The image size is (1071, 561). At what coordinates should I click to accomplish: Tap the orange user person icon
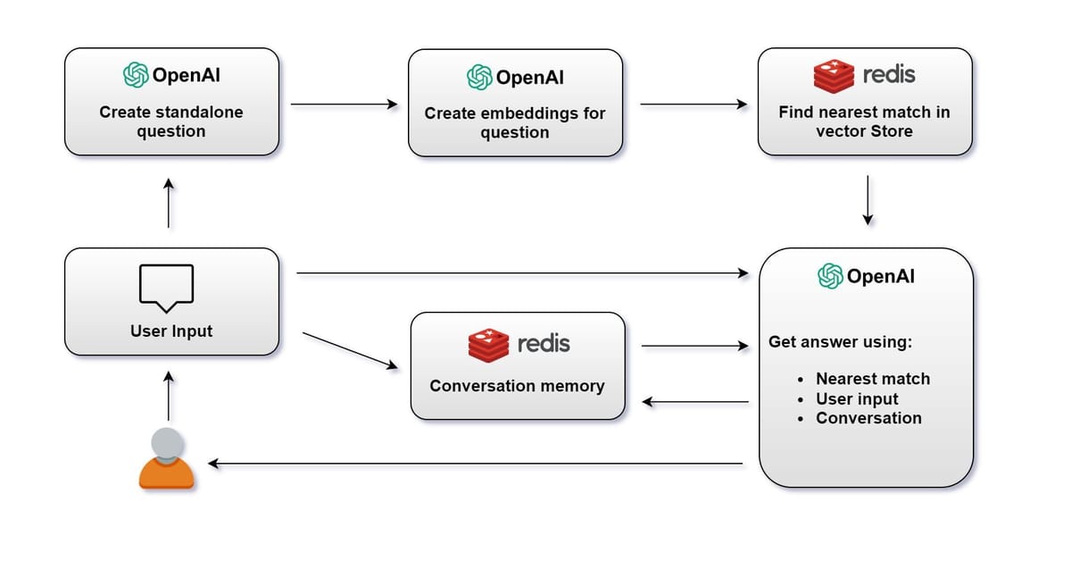pos(167,458)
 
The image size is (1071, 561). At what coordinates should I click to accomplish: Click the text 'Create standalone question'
pos(170,122)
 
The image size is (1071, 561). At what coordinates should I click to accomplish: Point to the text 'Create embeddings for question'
pos(514,123)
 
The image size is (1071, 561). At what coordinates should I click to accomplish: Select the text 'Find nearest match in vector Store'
pos(864,122)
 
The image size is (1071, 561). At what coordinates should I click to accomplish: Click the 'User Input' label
pos(171,331)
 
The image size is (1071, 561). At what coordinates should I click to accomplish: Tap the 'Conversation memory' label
pos(517,386)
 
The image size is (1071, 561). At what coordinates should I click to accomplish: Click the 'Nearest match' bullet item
pos(872,379)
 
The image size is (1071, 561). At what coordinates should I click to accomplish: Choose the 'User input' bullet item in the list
pos(857,398)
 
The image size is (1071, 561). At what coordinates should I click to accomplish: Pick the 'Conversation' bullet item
pos(868,418)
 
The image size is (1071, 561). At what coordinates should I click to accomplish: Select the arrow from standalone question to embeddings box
pos(344,105)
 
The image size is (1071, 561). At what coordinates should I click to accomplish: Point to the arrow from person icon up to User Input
pos(168,396)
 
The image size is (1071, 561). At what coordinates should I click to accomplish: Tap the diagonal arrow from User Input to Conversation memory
pos(350,350)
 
